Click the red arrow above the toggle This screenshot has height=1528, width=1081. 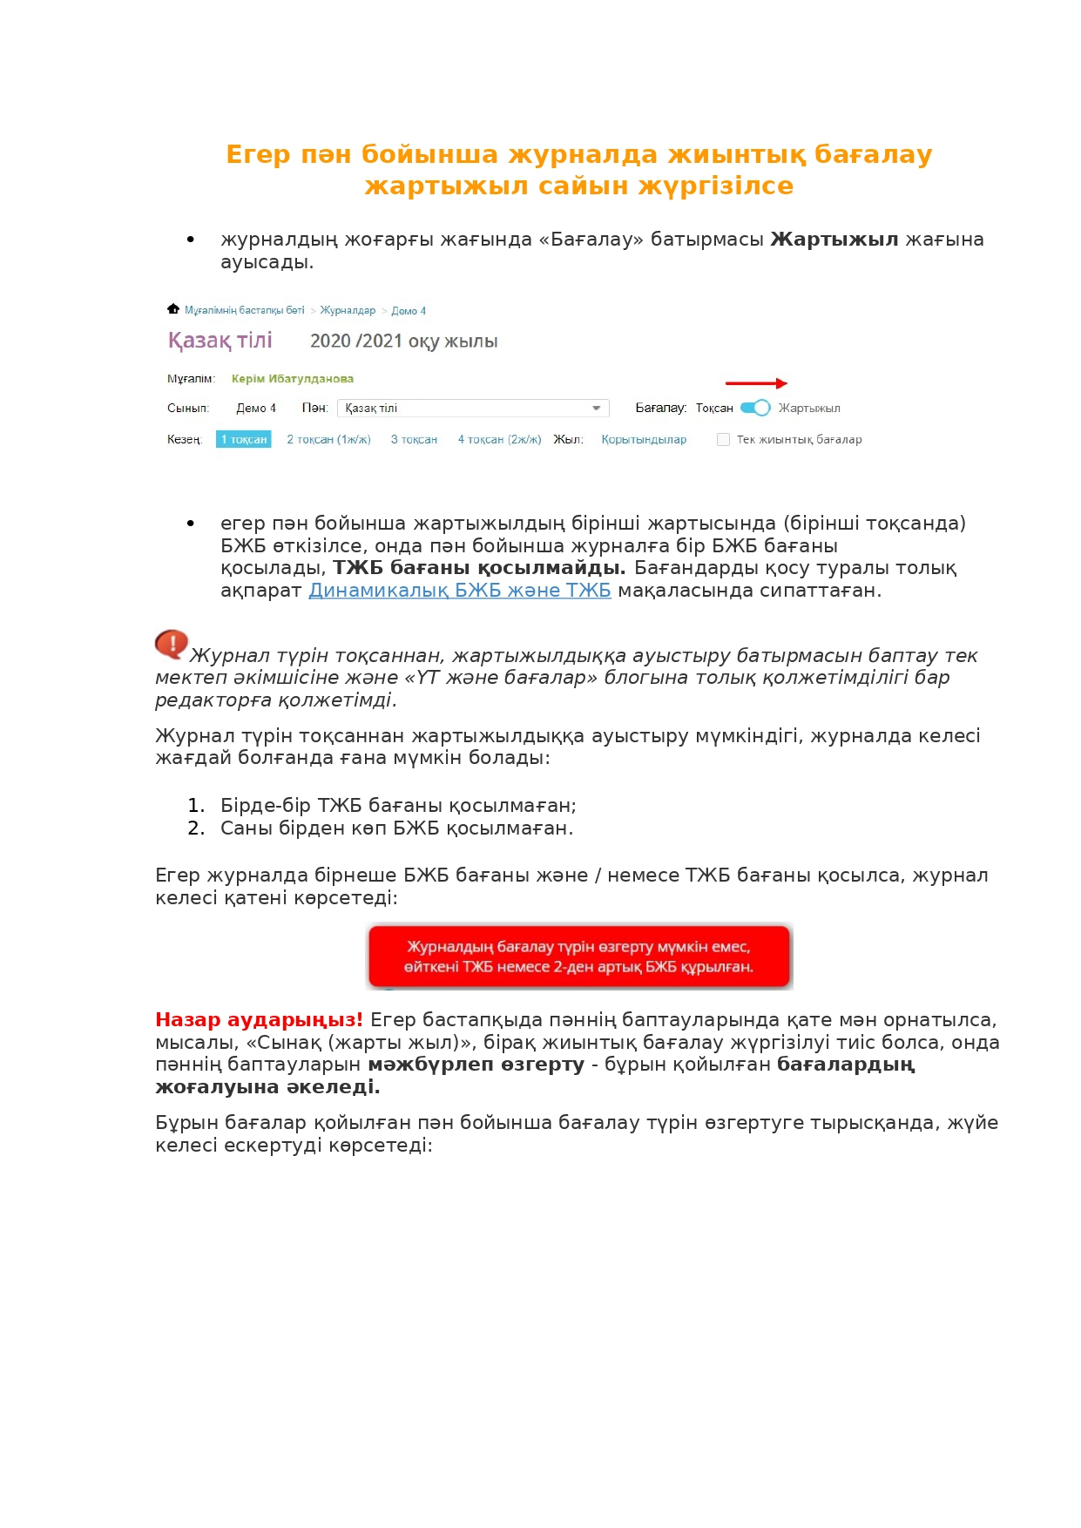point(756,383)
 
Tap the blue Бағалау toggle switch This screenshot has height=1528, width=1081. point(755,408)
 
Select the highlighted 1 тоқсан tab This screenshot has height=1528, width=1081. point(243,439)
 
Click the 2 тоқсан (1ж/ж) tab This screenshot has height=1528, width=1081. point(328,439)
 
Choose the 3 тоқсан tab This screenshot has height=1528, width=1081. point(414,439)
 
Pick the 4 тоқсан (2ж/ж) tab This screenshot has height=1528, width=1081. point(499,439)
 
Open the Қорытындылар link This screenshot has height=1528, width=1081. point(644,439)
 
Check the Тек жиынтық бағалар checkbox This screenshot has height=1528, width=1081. point(723,440)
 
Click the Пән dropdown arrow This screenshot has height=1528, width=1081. point(597,408)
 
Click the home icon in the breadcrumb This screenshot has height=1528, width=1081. point(173,308)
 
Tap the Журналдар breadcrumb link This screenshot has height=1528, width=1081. point(348,310)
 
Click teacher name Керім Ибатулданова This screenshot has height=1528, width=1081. point(292,379)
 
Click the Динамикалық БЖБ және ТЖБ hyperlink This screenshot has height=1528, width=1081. point(460,591)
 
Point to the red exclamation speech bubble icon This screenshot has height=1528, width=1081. point(171,645)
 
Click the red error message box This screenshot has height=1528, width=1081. point(579,957)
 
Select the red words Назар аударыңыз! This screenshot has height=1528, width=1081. point(259,1020)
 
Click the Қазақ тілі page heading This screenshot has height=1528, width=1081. point(220,340)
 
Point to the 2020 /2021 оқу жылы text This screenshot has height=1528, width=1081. point(403,341)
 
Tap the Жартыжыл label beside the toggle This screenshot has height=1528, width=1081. point(809,408)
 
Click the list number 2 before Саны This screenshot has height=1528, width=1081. point(195,828)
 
